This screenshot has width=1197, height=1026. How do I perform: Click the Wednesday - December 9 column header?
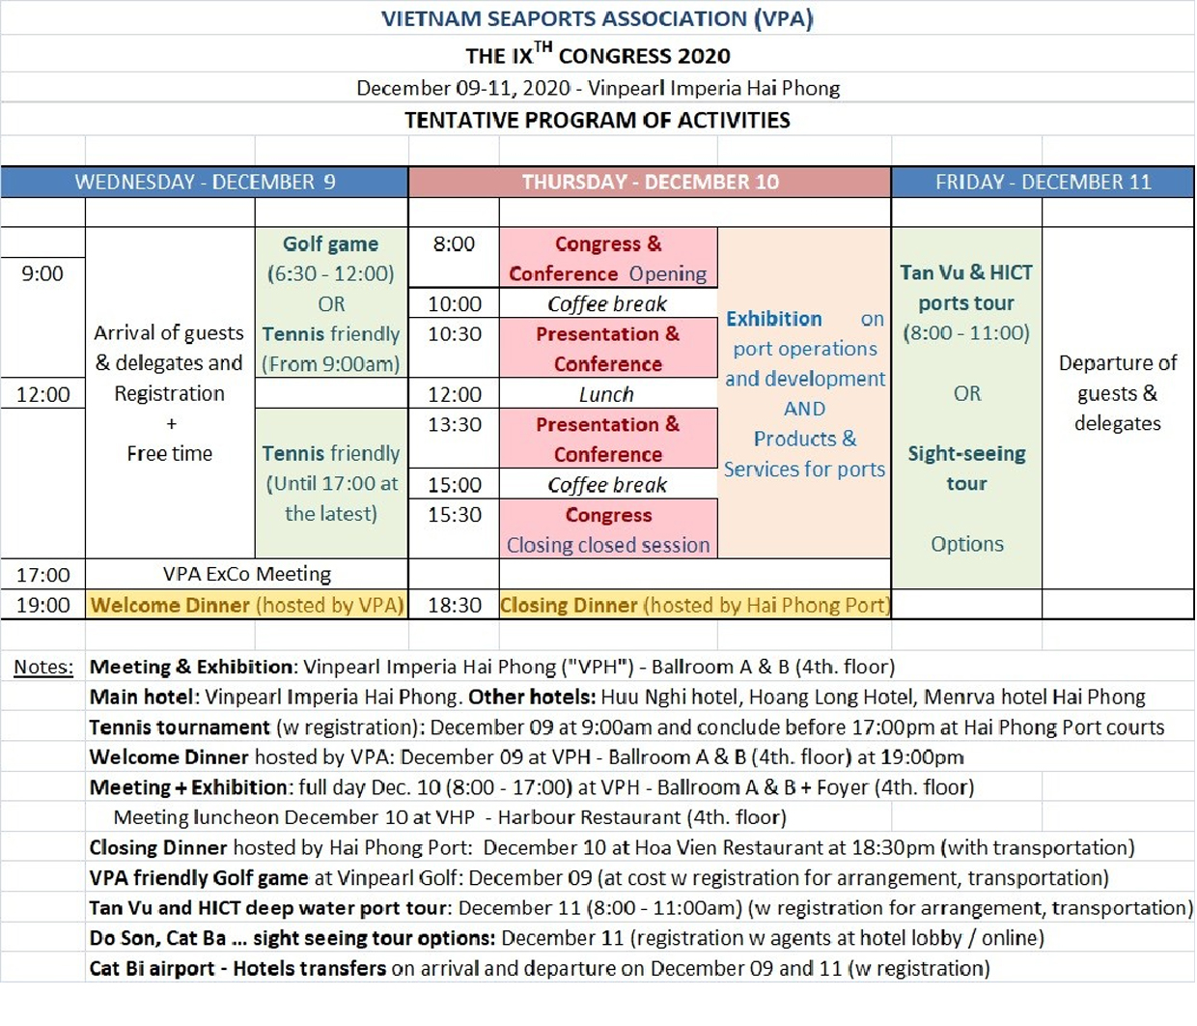point(205,183)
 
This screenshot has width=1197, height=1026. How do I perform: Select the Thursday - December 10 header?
point(650,183)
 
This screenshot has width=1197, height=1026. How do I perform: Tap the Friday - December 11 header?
point(1043,183)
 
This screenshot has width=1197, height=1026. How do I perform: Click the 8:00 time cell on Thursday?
point(454,243)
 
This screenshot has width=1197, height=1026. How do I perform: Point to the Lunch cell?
point(607,394)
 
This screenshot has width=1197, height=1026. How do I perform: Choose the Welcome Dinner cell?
point(246,606)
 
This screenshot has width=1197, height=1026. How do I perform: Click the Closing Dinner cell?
point(694,606)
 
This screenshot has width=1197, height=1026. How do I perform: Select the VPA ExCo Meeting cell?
point(246,575)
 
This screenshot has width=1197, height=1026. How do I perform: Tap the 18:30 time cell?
point(454,606)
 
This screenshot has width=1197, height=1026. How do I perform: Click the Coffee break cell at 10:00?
point(607,304)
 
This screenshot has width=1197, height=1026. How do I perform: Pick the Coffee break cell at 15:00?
point(607,485)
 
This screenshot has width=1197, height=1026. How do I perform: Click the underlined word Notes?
point(43,668)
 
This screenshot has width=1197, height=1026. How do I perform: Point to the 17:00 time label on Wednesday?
point(43,576)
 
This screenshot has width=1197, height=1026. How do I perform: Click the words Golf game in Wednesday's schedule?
point(330,244)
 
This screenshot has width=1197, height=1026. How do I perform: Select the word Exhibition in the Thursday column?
point(774,319)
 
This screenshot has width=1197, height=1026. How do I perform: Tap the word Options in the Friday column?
point(967,545)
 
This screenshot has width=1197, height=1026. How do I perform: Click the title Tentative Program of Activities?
point(597,121)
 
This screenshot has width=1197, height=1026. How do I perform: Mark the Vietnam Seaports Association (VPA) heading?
point(597,18)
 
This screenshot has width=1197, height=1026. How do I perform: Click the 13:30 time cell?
point(454,424)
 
